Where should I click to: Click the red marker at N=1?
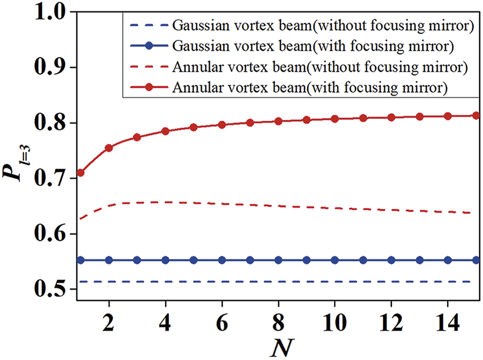point(80,173)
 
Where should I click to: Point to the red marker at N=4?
point(165,131)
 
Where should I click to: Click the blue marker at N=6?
point(222,260)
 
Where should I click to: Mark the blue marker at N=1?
point(80,260)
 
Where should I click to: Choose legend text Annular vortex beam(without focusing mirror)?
point(321,68)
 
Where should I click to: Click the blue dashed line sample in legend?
point(148,25)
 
